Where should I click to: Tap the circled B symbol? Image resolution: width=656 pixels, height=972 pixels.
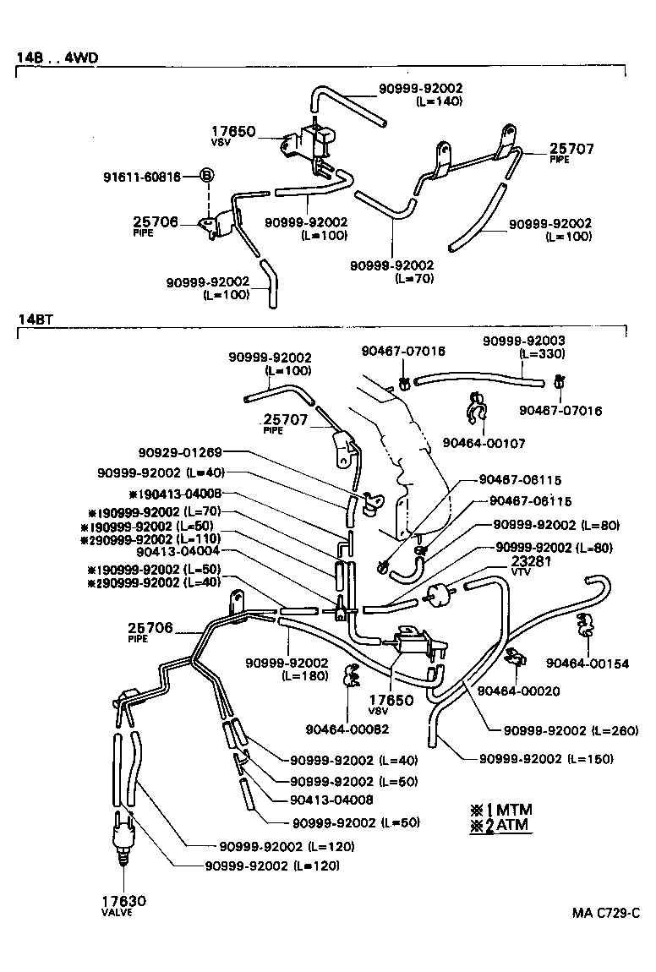pos(206,176)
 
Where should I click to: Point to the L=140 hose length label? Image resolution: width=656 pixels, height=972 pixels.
pos(439,101)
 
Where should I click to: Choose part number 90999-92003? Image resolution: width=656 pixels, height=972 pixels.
pos(524,340)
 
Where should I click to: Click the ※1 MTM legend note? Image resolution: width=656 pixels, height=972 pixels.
pos(500,810)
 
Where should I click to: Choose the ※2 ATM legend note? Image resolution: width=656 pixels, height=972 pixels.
pos(500,826)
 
